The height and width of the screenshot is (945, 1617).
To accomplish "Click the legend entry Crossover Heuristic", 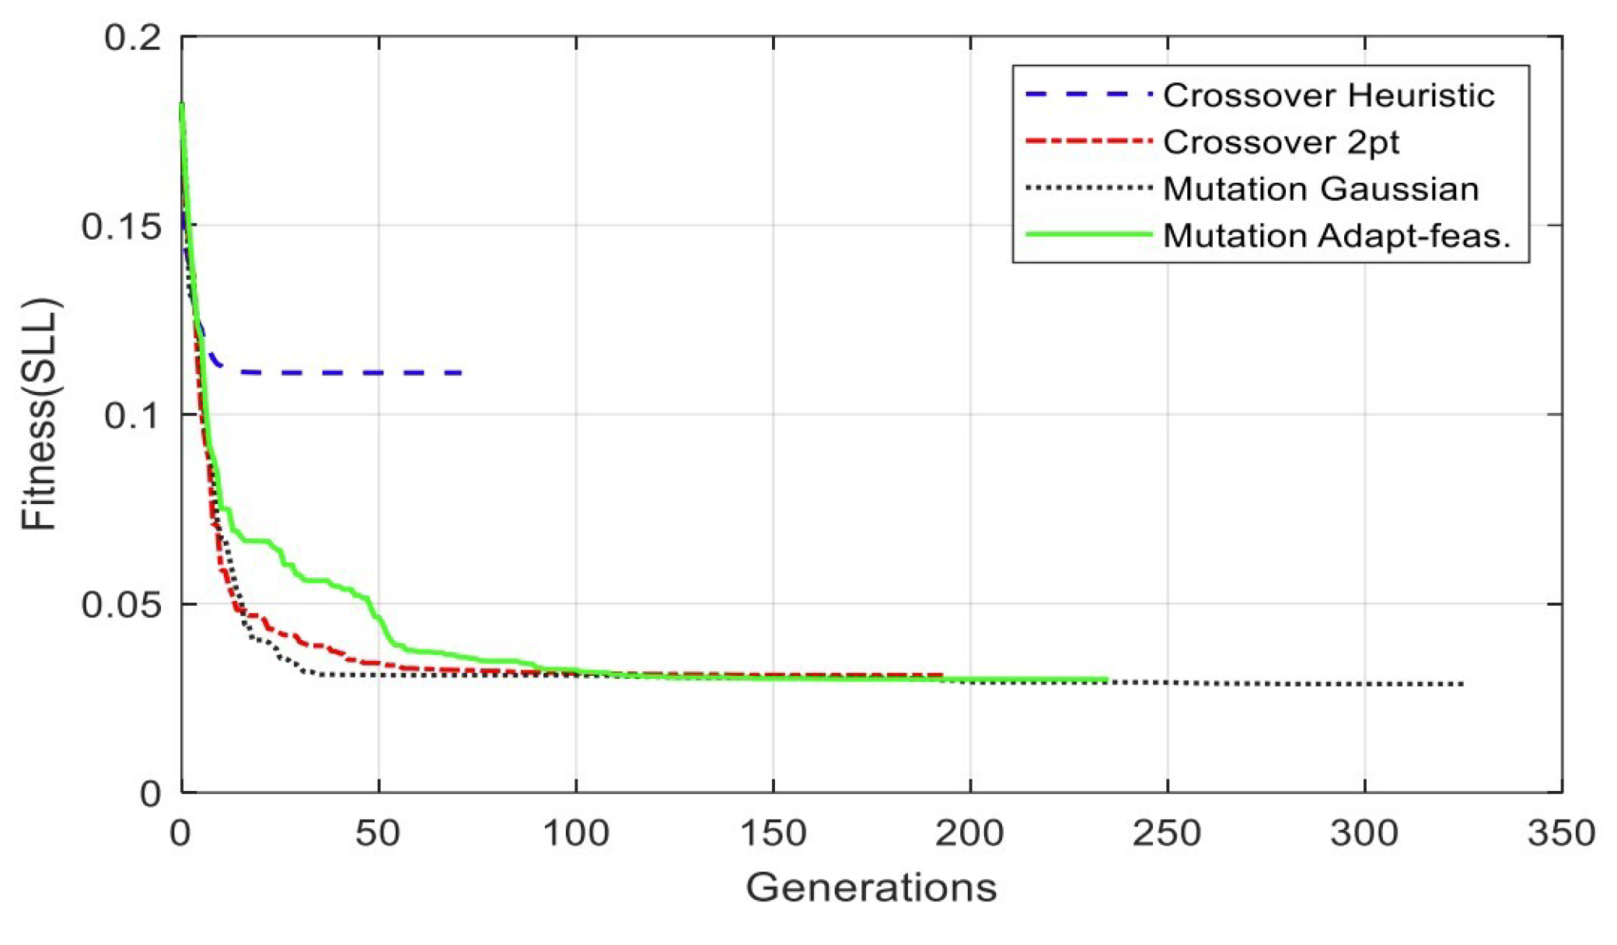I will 1328,96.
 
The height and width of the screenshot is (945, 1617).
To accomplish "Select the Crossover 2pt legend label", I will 1280,142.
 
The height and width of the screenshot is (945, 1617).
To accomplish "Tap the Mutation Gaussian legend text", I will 1320,189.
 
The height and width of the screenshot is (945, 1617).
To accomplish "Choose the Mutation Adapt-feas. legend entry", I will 1336,236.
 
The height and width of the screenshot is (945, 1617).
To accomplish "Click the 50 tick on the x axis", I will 379,834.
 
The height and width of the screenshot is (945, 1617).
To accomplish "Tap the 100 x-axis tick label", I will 575,834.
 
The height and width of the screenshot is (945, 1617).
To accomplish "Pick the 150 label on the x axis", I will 773,834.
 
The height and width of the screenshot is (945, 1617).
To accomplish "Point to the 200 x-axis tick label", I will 969,834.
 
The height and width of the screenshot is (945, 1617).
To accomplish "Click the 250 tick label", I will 1167,834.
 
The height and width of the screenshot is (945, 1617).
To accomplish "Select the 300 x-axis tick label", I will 1364,834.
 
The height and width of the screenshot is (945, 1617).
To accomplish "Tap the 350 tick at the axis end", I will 1561,834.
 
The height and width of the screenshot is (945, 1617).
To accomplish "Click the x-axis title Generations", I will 871,887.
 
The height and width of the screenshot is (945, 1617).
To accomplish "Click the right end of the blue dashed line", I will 462,373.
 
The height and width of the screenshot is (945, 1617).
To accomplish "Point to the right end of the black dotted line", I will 1463,684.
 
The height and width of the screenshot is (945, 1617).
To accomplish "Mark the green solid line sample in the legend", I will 1088,234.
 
